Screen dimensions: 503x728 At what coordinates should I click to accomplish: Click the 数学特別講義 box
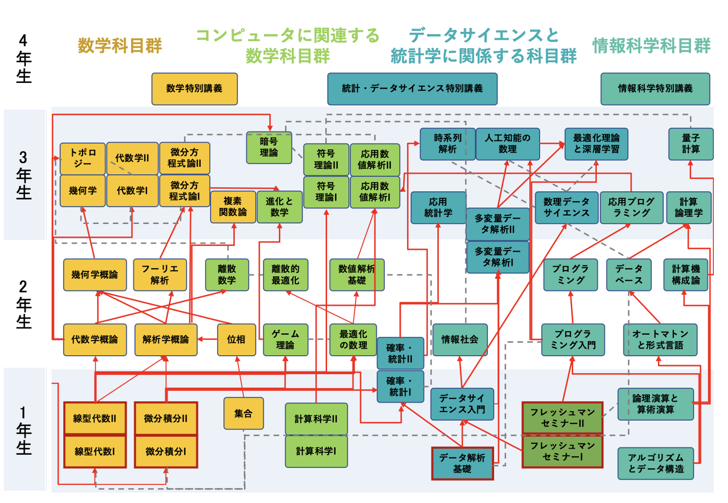tap(194, 89)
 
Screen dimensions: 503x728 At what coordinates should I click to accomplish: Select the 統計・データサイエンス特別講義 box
tap(412, 89)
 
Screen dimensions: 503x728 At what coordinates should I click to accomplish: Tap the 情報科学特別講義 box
tap(655, 89)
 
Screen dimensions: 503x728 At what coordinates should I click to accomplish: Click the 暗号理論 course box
tap(269, 147)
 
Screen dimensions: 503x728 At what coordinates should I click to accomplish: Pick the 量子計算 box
tap(691, 144)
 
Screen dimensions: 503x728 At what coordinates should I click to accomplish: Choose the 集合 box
tap(243, 413)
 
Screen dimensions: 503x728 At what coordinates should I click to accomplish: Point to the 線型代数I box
tap(95, 452)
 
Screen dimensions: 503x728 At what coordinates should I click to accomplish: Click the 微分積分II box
tap(166, 419)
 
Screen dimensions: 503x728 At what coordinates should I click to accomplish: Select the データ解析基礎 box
tap(462, 463)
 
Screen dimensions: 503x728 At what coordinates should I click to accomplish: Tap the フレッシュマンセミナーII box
tap(562, 418)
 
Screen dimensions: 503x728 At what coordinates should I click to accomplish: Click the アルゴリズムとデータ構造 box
tap(656, 463)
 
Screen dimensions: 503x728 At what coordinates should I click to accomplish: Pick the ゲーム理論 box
tap(285, 340)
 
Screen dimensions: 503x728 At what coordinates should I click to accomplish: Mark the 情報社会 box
tap(460, 340)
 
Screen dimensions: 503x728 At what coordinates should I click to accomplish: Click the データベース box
tap(629, 275)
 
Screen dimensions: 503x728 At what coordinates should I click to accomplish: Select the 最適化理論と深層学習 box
tap(596, 144)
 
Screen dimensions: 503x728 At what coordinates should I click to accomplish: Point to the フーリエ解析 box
tap(160, 275)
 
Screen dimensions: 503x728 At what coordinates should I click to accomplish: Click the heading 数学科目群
tap(120, 46)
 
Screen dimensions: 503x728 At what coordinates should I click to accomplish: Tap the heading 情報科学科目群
tap(651, 46)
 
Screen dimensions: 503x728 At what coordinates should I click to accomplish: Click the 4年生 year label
tap(24, 58)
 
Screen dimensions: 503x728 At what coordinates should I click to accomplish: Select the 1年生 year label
tap(24, 430)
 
